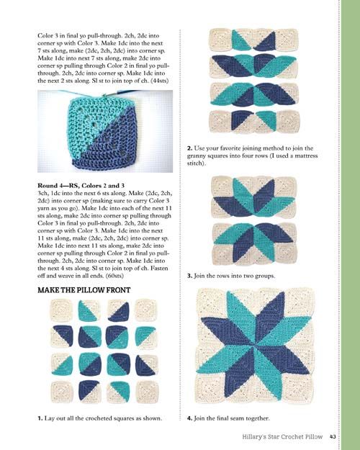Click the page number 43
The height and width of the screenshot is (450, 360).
click(333, 436)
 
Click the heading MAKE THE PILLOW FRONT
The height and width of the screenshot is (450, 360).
click(84, 290)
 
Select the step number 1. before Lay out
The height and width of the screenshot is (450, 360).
click(40, 418)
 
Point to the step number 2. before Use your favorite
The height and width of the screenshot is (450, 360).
click(189, 148)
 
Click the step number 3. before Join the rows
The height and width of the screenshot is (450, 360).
click(189, 276)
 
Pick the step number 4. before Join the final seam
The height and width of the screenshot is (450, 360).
click(189, 418)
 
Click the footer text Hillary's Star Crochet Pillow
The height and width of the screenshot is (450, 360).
click(282, 437)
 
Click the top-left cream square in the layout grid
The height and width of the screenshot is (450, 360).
click(62, 310)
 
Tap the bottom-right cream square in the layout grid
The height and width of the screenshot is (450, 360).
click(146, 392)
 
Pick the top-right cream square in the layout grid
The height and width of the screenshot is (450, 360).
click(146, 310)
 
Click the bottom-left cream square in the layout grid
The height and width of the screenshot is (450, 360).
click(62, 392)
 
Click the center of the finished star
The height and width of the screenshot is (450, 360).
click(254, 346)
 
